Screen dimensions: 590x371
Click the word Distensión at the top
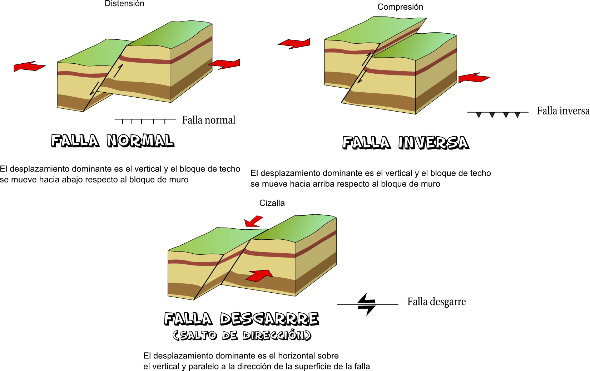point(124,4)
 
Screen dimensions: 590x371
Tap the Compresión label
point(400,7)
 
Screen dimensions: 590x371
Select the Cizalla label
point(272,203)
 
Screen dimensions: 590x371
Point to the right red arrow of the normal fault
point(225,64)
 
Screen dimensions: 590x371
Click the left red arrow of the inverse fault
point(294,44)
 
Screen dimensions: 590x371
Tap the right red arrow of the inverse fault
point(474,78)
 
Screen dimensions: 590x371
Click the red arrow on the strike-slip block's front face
point(260,275)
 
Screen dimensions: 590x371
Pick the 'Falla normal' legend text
point(209,120)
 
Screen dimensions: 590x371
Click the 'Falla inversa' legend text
point(563,111)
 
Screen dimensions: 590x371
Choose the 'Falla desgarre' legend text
point(436,302)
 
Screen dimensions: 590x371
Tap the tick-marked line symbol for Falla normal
point(145,120)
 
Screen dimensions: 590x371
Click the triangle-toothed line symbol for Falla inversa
point(497,113)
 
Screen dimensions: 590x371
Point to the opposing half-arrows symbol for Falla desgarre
point(367,304)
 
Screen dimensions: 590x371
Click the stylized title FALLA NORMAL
point(112,141)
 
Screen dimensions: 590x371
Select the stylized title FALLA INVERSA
point(406,143)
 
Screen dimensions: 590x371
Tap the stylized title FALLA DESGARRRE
point(241,319)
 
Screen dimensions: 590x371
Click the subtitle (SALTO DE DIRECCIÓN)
point(242,336)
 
